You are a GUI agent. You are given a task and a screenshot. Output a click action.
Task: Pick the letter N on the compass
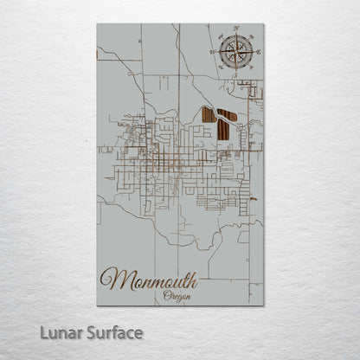point(236,29)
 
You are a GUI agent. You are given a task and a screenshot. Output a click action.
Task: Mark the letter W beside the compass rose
point(212,52)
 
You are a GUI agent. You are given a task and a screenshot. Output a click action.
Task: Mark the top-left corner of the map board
point(97,24)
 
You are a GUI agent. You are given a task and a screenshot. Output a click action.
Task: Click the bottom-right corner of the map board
point(263,305)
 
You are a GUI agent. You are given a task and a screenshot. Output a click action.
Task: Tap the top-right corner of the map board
point(263,24)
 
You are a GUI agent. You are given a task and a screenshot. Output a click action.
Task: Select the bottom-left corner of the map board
point(97,305)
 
